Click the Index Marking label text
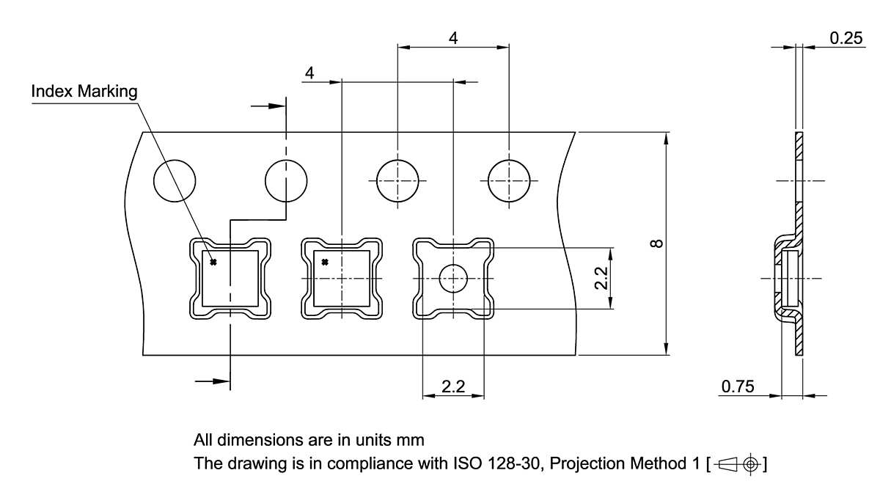point(84,92)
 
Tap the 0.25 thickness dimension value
point(846,38)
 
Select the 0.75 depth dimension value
point(738,386)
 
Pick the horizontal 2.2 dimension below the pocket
point(453,387)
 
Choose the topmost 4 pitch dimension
point(453,39)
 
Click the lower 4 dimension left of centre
point(309,73)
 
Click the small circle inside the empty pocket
point(453,278)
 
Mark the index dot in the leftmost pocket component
point(213,262)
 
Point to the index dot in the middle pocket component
point(325,262)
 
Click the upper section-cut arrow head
point(276,106)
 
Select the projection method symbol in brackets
point(738,464)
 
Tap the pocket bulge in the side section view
point(782,278)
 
